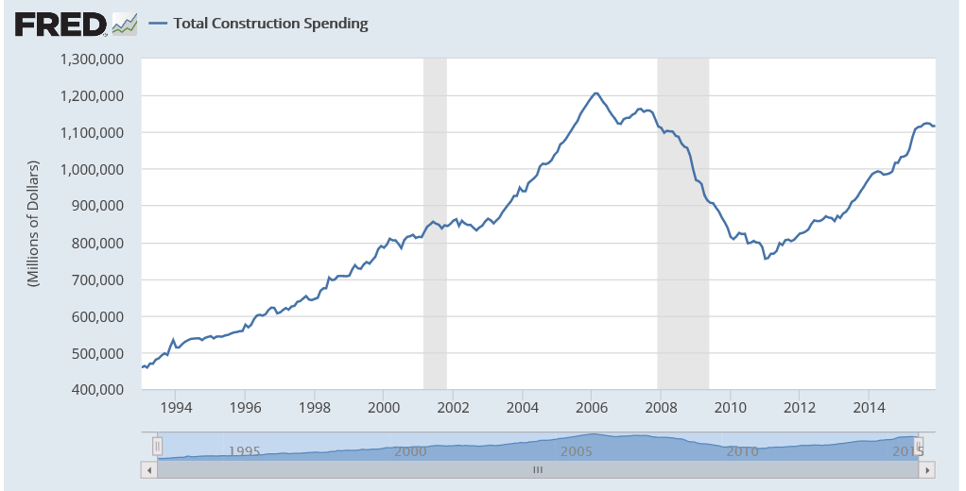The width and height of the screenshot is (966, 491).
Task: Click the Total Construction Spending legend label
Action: coord(270,24)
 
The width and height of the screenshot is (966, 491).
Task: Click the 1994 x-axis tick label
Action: coord(176,408)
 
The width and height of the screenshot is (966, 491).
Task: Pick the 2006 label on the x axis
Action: coord(592,408)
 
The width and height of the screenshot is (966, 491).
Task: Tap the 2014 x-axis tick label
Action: coord(869,408)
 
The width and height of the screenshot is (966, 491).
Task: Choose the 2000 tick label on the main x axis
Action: coord(384,408)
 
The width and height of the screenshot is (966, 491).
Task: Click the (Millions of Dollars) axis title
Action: coord(33,224)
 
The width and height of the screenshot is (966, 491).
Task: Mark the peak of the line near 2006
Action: coord(595,93)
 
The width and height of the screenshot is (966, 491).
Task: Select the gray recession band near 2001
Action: coord(435,224)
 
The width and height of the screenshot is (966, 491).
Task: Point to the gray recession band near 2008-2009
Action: coord(682,224)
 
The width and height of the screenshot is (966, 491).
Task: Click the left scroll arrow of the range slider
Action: coord(147,469)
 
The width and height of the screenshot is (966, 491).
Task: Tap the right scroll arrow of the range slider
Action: coord(928,469)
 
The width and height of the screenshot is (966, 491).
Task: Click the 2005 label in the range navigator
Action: coord(578,450)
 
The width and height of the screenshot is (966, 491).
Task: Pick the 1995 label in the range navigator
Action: coord(246,450)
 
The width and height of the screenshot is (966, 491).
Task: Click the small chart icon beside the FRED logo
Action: coord(124,24)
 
